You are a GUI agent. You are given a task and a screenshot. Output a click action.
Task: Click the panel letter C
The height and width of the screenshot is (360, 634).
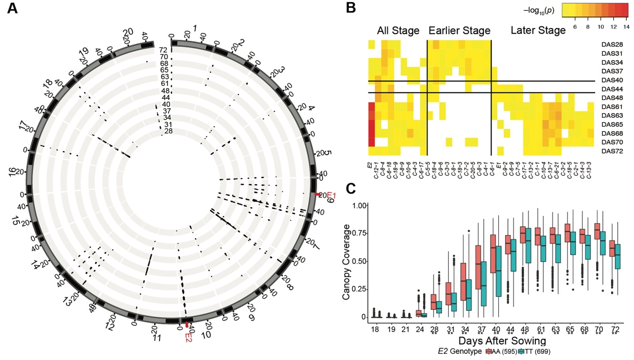[x=351, y=188]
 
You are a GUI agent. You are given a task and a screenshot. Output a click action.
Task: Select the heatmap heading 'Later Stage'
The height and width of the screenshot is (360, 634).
[x=538, y=31]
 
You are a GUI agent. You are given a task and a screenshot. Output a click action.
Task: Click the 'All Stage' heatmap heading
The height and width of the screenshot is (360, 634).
[x=398, y=31]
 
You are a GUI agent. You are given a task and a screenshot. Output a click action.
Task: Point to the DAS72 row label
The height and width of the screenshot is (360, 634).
[x=612, y=151]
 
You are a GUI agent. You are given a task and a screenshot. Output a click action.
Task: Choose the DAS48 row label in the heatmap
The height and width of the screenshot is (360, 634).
[x=612, y=98]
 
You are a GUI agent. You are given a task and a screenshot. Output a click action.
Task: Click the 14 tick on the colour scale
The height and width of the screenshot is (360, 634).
[x=626, y=26]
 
